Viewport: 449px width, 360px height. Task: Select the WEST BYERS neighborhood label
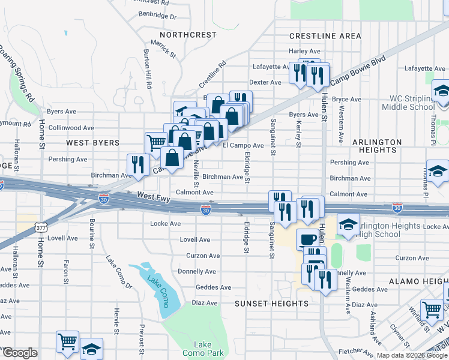click(x=92, y=143)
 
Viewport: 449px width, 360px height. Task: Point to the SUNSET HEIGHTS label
click(x=271, y=304)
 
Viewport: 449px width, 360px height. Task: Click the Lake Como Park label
click(x=202, y=349)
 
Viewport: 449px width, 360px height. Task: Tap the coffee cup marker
click(x=308, y=239)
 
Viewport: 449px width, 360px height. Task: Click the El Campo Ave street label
click(x=243, y=145)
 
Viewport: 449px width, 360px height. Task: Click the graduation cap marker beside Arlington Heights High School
click(x=348, y=224)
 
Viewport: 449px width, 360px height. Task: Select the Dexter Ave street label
click(x=265, y=82)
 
